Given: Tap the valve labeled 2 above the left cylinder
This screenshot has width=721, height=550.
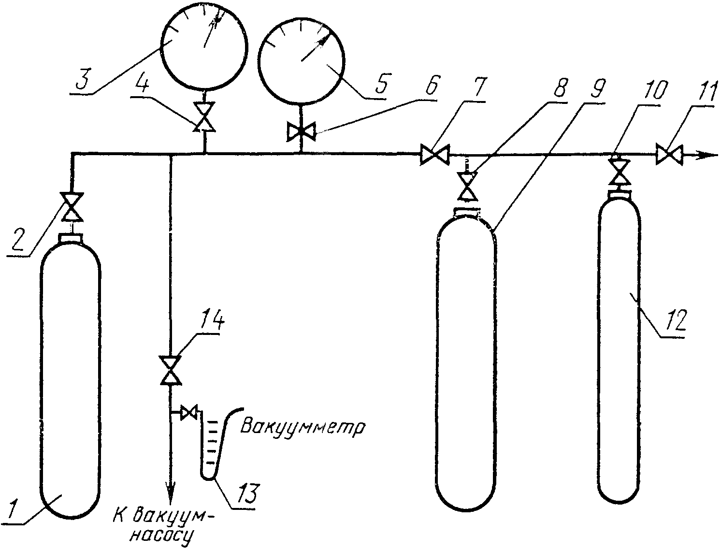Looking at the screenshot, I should [72, 207].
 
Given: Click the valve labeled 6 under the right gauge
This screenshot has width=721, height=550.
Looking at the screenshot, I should [300, 132].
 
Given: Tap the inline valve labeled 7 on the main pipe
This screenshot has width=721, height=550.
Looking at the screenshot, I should [433, 155].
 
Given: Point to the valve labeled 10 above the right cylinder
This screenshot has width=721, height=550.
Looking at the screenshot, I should [617, 172].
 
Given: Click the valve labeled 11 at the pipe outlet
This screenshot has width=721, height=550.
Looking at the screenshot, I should [669, 155].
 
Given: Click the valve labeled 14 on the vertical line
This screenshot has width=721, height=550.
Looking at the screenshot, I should [171, 370].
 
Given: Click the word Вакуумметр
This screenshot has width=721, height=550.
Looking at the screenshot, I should [303, 428].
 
